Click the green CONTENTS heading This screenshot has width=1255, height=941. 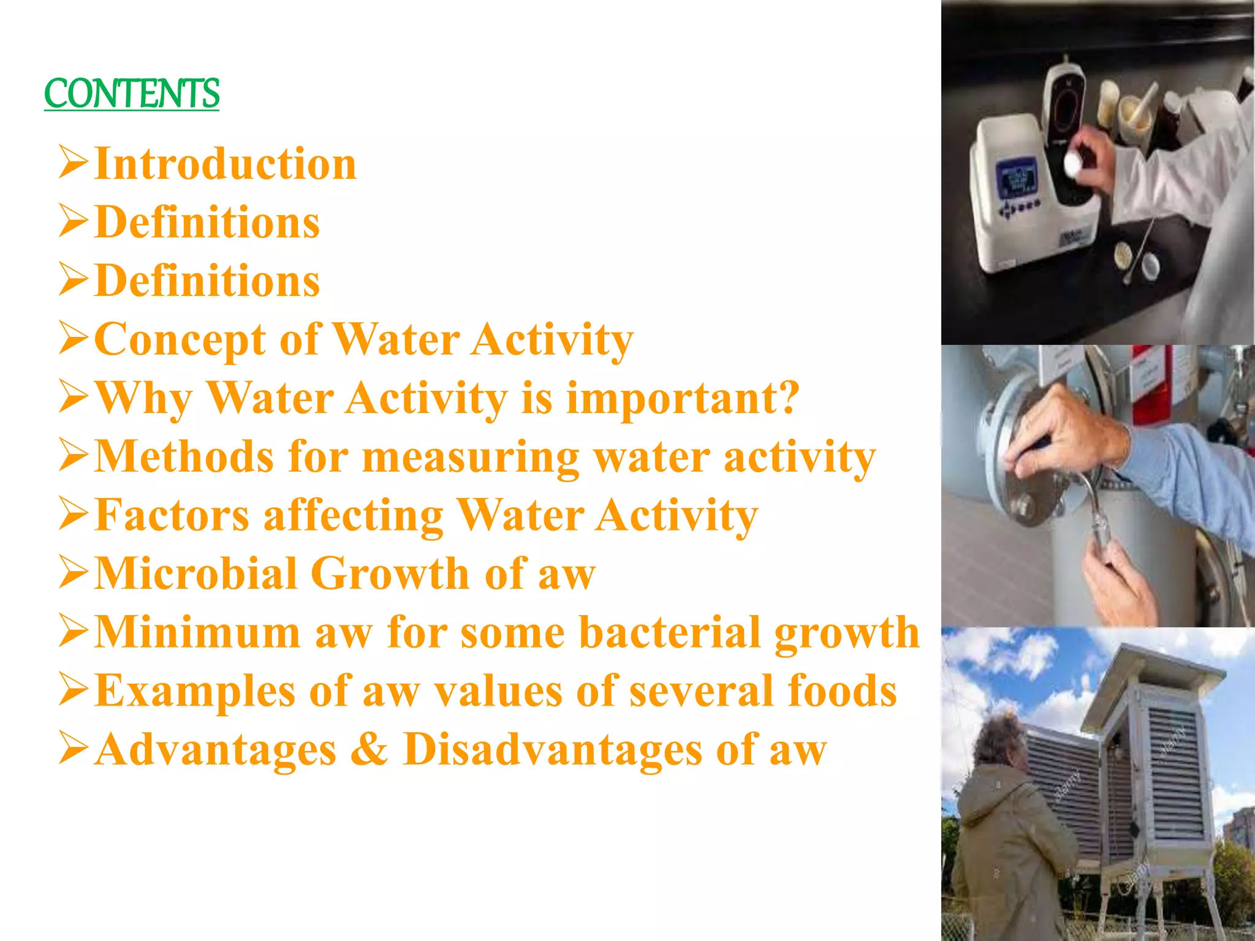coord(131,94)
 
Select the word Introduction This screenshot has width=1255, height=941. coord(226,164)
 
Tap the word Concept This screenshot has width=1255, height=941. coord(180,339)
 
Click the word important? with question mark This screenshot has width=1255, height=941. coord(683,399)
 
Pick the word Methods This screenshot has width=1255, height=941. coord(184,456)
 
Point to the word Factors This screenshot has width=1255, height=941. coord(172,515)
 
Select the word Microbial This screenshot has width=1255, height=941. coord(196,573)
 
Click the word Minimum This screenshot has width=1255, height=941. coord(197,632)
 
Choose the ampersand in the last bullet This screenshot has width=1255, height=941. coord(370,749)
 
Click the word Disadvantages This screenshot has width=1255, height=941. coord(552,749)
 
